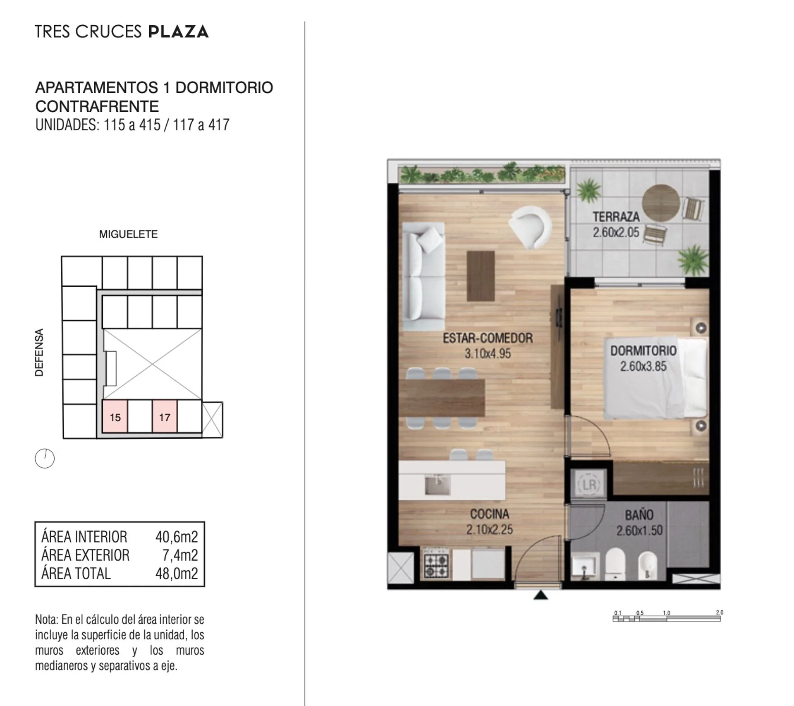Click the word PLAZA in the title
178,32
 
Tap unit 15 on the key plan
115,417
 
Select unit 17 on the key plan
165,417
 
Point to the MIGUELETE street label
128,234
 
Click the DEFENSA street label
39,352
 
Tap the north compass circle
45,459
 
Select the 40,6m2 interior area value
177,537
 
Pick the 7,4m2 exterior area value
180,555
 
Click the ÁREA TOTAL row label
76,573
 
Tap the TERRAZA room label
616,216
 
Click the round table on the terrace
661,203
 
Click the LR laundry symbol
589,484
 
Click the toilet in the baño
615,563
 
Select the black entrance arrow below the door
540,595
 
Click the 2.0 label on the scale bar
720,612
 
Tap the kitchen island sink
438,484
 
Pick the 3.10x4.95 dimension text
488,353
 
